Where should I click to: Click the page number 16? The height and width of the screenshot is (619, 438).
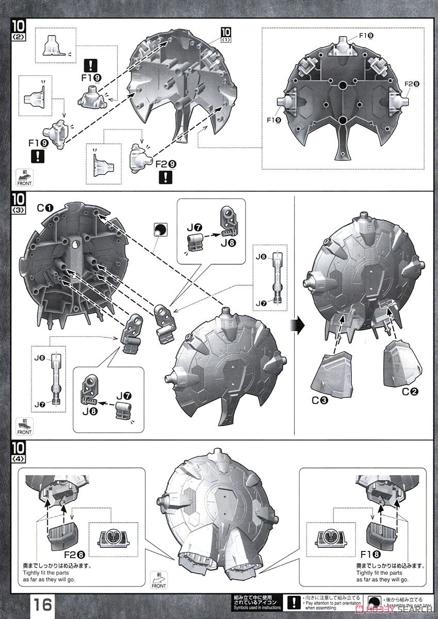tap(43, 604)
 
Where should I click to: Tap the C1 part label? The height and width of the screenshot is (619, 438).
tap(44, 208)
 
